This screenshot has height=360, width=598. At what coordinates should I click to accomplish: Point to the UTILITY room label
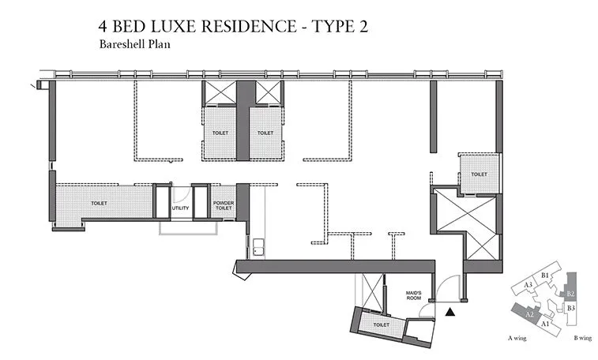(181, 208)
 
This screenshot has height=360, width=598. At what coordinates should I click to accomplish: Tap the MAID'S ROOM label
(415, 296)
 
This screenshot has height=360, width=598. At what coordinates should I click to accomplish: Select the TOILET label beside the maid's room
(381, 324)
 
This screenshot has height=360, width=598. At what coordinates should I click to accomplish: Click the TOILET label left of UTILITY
(99, 204)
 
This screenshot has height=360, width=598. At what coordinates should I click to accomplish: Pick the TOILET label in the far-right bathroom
(479, 174)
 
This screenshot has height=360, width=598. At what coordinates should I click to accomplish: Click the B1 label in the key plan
(546, 275)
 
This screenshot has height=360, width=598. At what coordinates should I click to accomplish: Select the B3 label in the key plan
(570, 307)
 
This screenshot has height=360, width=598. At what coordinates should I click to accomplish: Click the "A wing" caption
(517, 339)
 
